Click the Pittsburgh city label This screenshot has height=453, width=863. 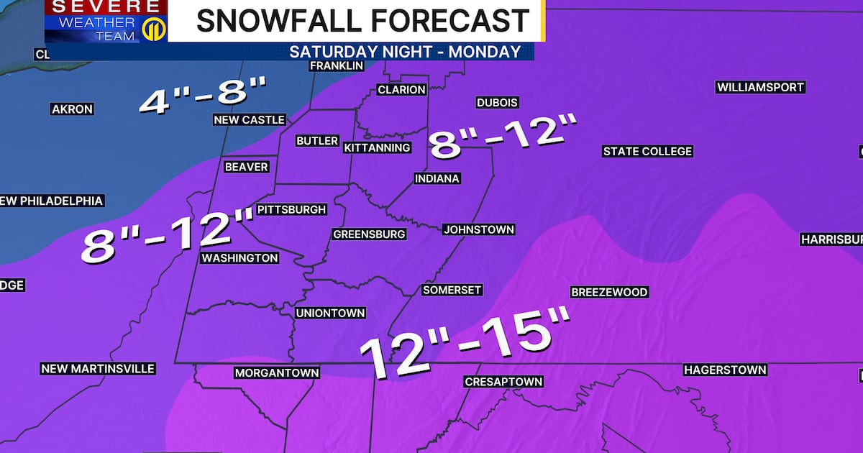(292, 210)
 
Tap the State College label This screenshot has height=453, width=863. (647, 151)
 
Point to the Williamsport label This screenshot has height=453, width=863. (760, 87)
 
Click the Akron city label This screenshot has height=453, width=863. (72, 109)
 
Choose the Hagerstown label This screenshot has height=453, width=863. (725, 370)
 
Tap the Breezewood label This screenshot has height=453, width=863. (609, 292)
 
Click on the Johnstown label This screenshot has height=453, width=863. (479, 229)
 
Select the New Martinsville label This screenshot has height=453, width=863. (98, 368)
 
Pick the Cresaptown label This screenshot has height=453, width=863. (503, 381)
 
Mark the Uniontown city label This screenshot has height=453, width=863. (331, 313)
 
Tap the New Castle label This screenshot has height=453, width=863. (250, 119)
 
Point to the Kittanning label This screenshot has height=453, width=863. (377, 147)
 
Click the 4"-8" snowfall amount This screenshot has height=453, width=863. (203, 96)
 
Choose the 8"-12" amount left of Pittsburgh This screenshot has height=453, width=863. (167, 234)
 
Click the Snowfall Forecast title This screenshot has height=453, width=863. (362, 21)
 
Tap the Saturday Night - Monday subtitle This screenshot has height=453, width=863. (404, 52)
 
